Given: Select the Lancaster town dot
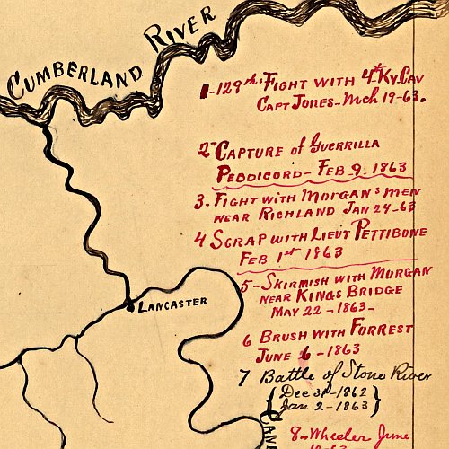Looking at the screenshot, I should tap(131, 307).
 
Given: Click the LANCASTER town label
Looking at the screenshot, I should tap(172, 302).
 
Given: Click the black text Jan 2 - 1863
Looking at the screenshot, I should tap(319, 407).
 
